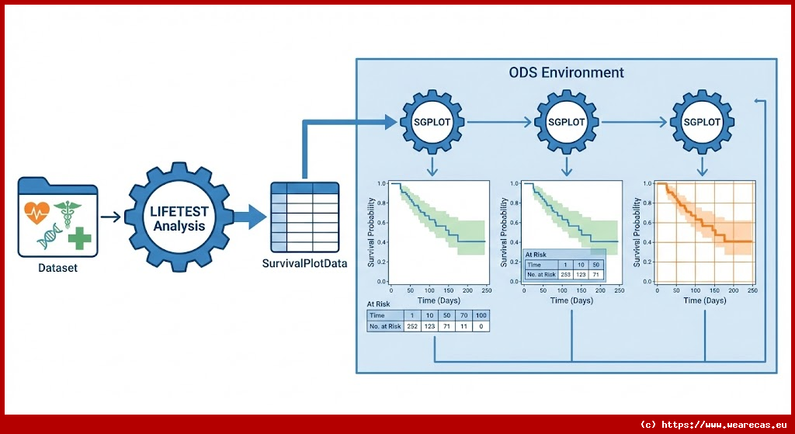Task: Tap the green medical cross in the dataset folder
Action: (78, 238)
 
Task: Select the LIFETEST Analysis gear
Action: (179, 217)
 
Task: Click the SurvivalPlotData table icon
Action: (304, 217)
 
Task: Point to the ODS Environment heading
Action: (566, 73)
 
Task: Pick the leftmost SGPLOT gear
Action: (432, 122)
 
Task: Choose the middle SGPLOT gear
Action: (567, 122)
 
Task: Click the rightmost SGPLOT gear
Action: (702, 122)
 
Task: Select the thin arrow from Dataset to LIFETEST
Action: (111, 217)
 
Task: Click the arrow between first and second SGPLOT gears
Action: (499, 122)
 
